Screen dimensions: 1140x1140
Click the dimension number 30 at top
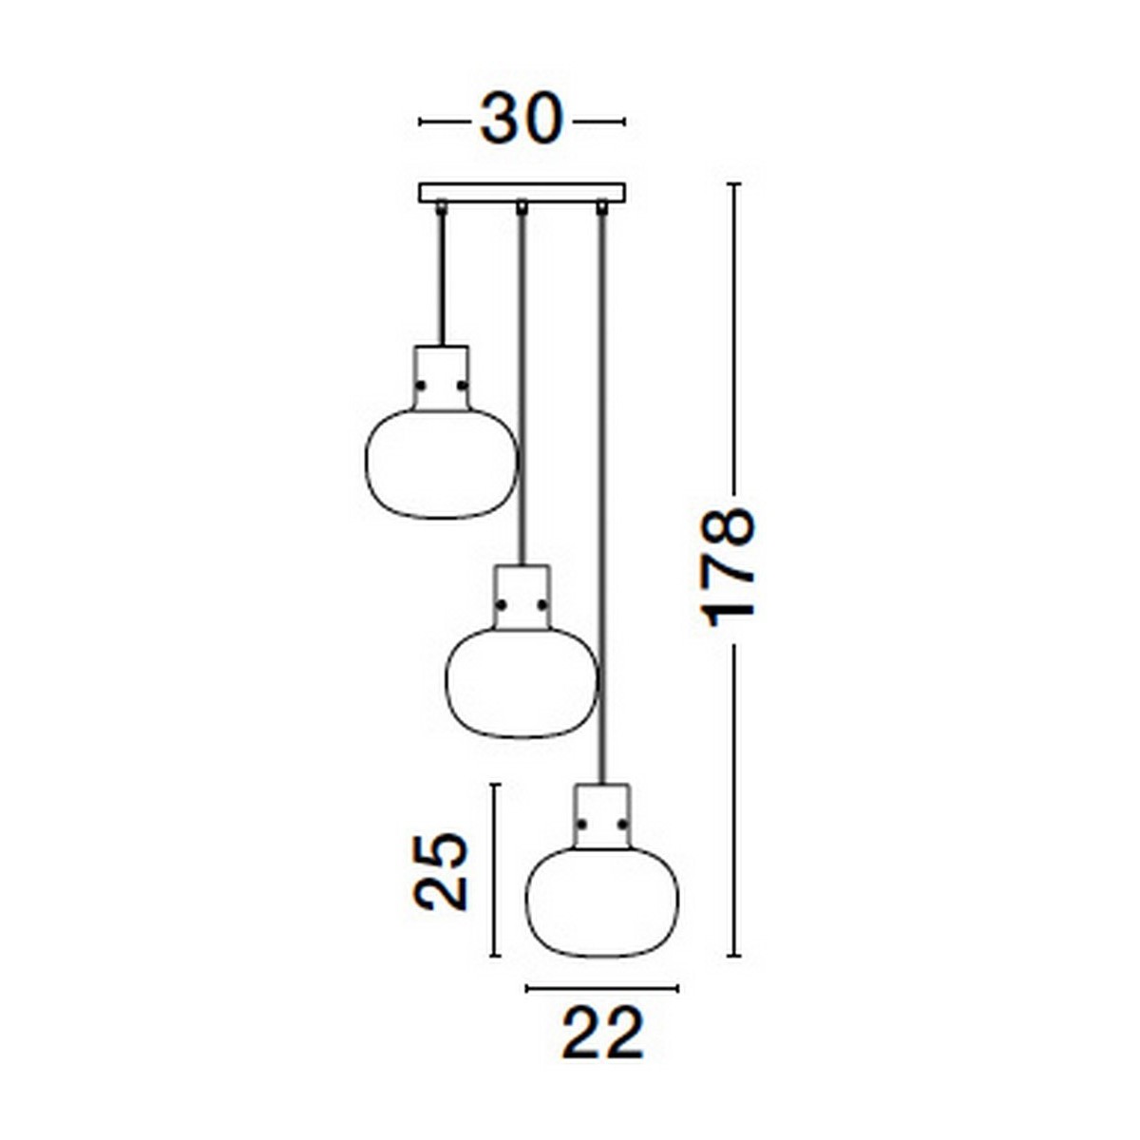click(x=522, y=121)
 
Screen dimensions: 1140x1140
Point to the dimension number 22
click(x=602, y=1033)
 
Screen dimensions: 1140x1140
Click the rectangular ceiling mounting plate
click(x=522, y=192)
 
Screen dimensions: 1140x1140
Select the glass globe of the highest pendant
click(x=441, y=465)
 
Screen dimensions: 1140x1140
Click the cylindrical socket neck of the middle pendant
click(x=522, y=594)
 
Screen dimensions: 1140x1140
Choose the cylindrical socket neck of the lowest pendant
click(x=602, y=812)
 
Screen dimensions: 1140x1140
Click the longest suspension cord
click(x=601, y=494)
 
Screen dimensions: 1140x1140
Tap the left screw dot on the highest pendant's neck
click(x=421, y=386)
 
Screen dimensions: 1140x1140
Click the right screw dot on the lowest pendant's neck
click(x=623, y=824)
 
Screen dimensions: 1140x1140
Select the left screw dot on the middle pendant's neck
click(x=501, y=605)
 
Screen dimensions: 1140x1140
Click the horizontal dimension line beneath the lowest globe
click(x=602, y=989)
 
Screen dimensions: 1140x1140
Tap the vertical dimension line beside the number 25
click(x=494, y=870)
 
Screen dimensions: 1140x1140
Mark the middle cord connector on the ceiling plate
click(x=521, y=206)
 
